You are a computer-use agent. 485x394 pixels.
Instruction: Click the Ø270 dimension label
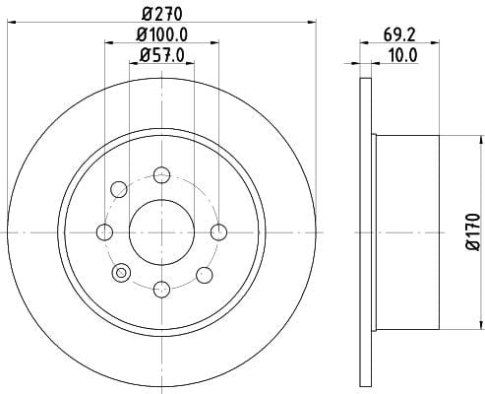pos(162,14)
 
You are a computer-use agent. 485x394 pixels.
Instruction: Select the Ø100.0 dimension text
pos(162,34)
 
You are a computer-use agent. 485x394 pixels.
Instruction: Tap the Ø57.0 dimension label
pos(162,55)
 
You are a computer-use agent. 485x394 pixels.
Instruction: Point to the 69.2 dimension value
pos(399,34)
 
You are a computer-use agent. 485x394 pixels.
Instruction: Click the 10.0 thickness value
pos(402,55)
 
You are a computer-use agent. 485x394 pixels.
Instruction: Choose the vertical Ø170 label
pos(474,231)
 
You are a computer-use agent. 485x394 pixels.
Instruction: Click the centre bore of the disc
pos(162,232)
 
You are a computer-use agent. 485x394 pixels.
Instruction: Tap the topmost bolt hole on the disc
pos(162,174)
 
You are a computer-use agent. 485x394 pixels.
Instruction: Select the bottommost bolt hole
pos(162,290)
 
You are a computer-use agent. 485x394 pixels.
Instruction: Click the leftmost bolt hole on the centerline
pos(105,232)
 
